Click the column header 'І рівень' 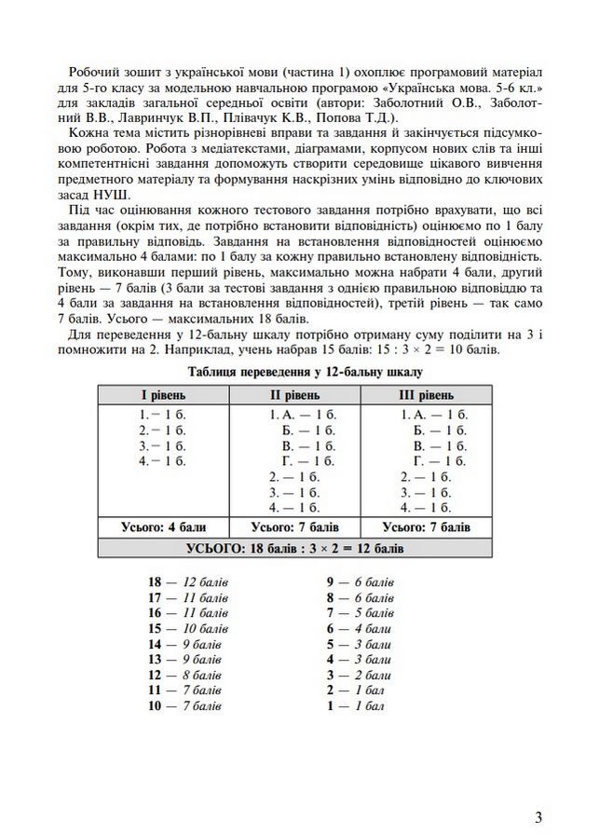(162, 395)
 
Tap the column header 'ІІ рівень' (301, 395)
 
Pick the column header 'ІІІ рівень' (433, 395)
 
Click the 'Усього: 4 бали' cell (163, 526)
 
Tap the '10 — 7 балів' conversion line (184, 706)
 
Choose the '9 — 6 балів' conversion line (360, 581)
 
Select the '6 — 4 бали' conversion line (359, 628)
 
